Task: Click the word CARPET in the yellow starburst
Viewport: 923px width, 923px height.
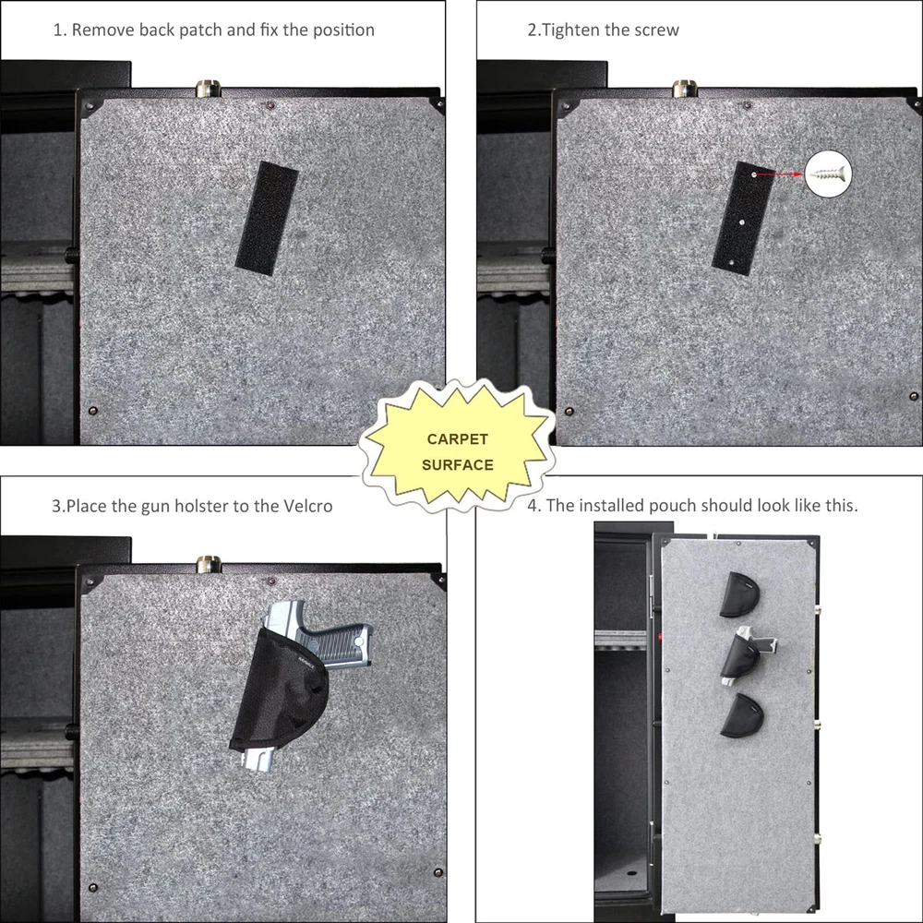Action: coord(458,439)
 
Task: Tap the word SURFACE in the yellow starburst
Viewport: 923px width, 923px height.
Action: coord(458,465)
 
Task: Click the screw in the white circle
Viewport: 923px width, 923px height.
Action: coord(829,174)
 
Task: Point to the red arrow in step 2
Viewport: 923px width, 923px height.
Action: coord(780,174)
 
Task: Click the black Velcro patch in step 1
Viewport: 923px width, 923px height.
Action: coord(267,218)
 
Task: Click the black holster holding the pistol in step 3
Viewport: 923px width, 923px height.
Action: coord(280,695)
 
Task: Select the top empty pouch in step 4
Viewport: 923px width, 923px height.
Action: coord(739,594)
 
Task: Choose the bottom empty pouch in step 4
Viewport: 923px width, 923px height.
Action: coord(742,715)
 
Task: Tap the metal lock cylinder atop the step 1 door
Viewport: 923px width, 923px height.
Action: coord(208,89)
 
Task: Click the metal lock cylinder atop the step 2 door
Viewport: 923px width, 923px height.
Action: coord(685,89)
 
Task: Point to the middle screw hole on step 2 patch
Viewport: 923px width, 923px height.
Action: coord(742,222)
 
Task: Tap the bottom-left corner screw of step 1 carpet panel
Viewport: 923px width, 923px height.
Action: coord(92,411)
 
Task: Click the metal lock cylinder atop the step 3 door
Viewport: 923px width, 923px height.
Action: coord(208,564)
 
